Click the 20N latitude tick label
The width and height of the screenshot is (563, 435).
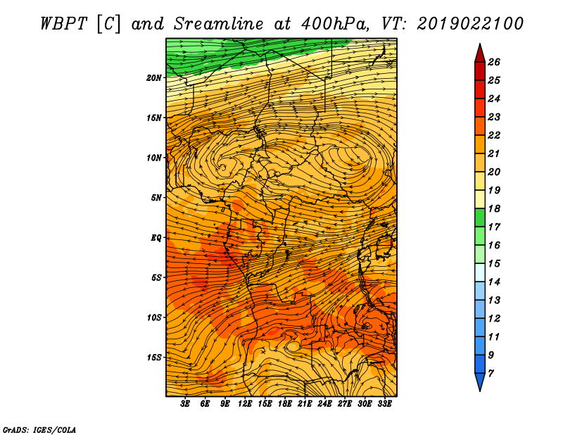click(154, 77)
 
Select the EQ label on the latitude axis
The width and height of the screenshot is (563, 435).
click(156, 237)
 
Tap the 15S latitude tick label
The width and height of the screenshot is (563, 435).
click(154, 358)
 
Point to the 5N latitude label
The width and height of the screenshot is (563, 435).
click(156, 198)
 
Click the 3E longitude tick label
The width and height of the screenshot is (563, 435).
click(185, 404)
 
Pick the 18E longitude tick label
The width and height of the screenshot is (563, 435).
click(285, 404)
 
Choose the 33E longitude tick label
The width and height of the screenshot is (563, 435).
click(384, 404)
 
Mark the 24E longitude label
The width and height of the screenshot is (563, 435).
click(324, 404)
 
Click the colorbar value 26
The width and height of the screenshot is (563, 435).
click(494, 62)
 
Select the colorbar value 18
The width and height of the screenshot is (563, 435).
click(494, 208)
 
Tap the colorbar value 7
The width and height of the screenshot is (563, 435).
click(491, 374)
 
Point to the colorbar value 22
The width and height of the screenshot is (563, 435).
click(494, 135)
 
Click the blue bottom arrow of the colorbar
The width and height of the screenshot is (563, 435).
click(480, 381)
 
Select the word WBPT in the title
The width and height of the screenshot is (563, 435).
click(64, 24)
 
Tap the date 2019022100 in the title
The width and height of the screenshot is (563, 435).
click(470, 24)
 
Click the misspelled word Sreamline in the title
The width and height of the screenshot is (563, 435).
click(219, 24)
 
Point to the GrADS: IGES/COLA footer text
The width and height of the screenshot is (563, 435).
click(39, 430)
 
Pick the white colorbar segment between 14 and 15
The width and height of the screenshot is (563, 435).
click(480, 272)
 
